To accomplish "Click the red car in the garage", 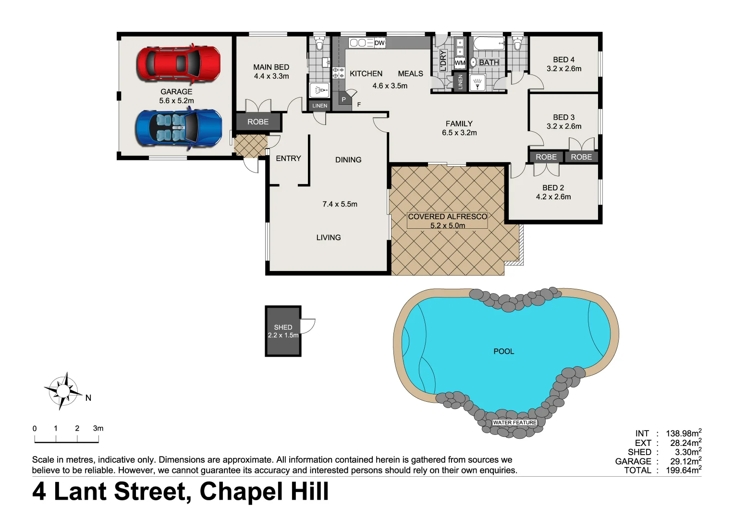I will point(179,63).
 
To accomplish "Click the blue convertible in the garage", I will point(179,128).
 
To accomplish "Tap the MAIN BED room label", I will point(271,67).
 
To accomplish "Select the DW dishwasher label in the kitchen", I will point(379,43).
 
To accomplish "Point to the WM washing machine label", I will point(460,62).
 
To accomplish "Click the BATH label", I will point(489,62).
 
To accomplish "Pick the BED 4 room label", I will point(563,60).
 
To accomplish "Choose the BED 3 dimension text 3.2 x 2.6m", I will point(563,126).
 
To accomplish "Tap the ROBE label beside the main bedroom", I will point(258,122).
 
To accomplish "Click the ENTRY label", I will point(288,158).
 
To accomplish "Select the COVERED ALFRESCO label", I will point(447,217).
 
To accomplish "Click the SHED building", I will point(283,331).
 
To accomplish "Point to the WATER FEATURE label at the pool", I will point(514,422).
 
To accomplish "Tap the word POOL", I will point(503,351).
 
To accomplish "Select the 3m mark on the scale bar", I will point(98,428).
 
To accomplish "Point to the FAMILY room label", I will point(459,124).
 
